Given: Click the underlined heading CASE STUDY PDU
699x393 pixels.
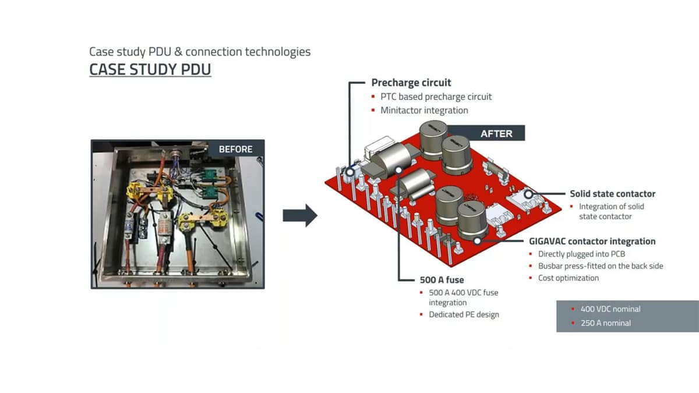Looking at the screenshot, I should click(x=150, y=70).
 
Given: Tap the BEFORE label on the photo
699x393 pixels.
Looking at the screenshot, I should click(x=235, y=149).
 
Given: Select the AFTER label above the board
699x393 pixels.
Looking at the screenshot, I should click(x=496, y=133).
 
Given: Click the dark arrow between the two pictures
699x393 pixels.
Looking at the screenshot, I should click(x=300, y=216).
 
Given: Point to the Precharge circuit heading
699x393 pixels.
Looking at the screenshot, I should click(x=411, y=83).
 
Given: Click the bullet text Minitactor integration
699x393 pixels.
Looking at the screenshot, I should click(x=424, y=110).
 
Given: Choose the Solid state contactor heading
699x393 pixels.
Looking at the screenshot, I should click(x=612, y=194).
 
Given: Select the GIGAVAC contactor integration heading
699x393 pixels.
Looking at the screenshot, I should click(x=592, y=241).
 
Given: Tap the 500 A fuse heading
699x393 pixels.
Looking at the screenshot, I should click(x=442, y=279).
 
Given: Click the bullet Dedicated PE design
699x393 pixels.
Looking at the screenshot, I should click(x=464, y=314).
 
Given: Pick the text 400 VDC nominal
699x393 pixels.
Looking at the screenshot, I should click(x=610, y=309).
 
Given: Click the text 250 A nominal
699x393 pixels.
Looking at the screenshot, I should click(x=605, y=323).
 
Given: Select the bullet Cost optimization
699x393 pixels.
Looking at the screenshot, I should click(x=568, y=278).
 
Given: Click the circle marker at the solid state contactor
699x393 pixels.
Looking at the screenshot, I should click(x=528, y=194).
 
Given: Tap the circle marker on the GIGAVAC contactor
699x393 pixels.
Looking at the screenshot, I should click(x=478, y=240).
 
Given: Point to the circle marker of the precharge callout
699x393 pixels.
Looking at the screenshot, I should click(x=351, y=172).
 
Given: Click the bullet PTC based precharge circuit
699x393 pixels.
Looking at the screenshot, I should click(x=436, y=97).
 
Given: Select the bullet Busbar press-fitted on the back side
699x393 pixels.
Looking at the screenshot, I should click(x=600, y=266).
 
